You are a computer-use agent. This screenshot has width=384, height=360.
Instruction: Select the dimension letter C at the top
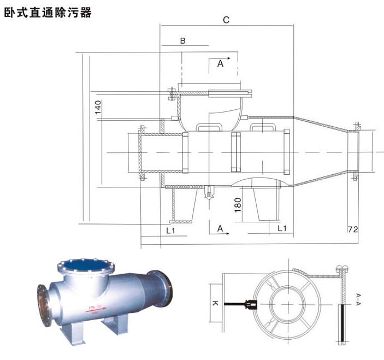click(x=226, y=20)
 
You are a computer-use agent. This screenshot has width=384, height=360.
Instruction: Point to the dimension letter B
click(x=183, y=40)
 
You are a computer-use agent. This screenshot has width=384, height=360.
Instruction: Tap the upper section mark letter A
click(x=220, y=64)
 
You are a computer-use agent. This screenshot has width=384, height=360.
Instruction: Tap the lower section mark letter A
click(x=220, y=229)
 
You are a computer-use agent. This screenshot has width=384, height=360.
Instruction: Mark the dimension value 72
click(x=353, y=229)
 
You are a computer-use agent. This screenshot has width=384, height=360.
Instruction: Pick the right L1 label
click(x=282, y=229)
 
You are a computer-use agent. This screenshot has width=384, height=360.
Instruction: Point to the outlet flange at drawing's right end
click(x=356, y=152)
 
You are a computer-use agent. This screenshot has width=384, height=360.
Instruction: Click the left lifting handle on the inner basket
click(x=209, y=128)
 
